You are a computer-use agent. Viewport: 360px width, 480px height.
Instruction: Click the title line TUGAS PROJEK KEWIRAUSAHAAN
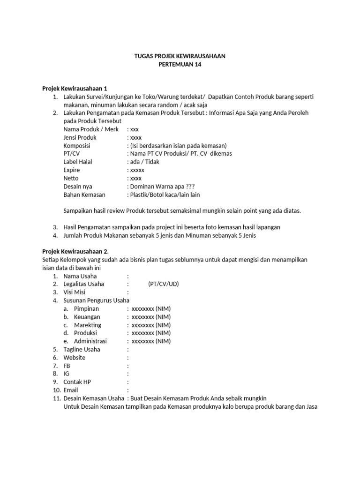pos(180,56)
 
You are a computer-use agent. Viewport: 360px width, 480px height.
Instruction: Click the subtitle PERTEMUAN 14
pos(180,64)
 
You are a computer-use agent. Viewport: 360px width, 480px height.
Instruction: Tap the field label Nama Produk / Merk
pos(91,129)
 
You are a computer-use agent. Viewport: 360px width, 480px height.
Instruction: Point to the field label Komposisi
pos(77,146)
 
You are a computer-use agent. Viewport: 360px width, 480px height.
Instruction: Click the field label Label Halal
pos(78,162)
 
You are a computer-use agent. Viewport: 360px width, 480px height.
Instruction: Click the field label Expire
pos(72,170)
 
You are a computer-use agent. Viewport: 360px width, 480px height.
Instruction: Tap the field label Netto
pos(71,178)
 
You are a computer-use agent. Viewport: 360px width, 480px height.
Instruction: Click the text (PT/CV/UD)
pos(163,284)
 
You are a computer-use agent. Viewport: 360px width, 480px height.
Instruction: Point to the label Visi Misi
pos(76,292)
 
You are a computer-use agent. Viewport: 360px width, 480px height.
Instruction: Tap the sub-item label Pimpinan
pos(86,308)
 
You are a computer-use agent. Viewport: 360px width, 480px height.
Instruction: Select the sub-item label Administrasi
pos(90,341)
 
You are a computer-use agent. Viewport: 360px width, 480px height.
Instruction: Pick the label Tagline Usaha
pos(82,349)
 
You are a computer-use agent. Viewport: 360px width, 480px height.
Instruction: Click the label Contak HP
pos(77,382)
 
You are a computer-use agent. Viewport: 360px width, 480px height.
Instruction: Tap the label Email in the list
pos(71,390)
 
